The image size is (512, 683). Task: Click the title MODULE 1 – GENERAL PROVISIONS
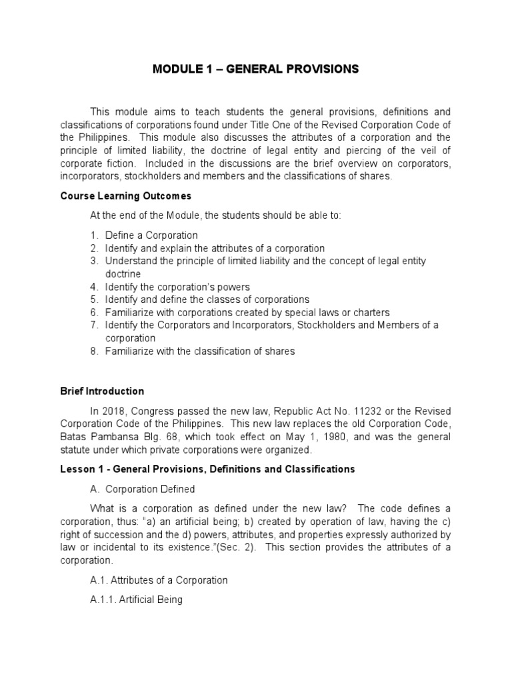coord(255,69)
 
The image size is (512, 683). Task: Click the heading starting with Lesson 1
coord(207,469)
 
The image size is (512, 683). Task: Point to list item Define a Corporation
coord(151,235)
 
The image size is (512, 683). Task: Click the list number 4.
coord(94,287)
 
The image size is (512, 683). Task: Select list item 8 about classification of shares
coord(199,351)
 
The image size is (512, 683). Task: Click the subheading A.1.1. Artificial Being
coord(136,599)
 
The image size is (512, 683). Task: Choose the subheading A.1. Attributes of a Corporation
coord(159,580)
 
